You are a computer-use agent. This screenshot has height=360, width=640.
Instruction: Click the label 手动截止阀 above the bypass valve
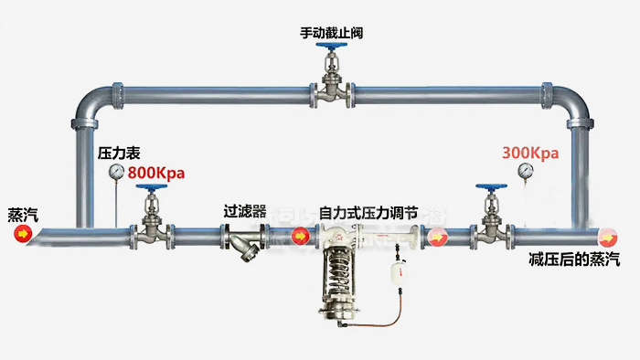coord(331,33)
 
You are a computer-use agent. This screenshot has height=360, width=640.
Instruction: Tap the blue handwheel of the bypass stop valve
coord(331,52)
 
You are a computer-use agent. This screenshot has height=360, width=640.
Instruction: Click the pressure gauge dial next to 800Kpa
coord(117,172)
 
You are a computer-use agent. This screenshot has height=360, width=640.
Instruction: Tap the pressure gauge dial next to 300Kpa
coord(525,170)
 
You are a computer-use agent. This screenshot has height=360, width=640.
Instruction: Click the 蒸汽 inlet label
coord(22,216)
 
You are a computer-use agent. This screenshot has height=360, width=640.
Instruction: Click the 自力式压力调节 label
coord(369,211)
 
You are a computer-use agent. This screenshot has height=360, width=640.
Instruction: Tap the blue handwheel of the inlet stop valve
coord(149,189)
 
